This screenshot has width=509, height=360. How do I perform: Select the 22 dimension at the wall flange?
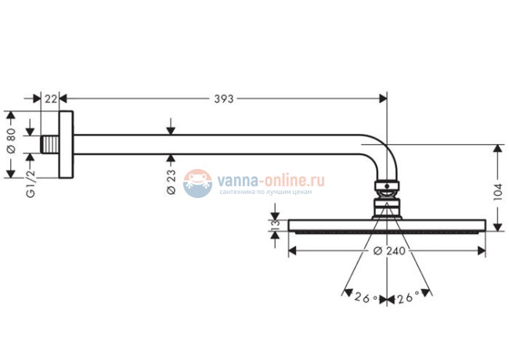[51, 99]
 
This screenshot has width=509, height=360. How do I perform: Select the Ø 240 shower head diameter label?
[388, 251]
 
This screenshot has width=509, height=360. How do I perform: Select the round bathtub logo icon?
[197, 183]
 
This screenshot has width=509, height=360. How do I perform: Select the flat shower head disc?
[387, 226]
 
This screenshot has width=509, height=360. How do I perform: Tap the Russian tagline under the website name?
[265, 192]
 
